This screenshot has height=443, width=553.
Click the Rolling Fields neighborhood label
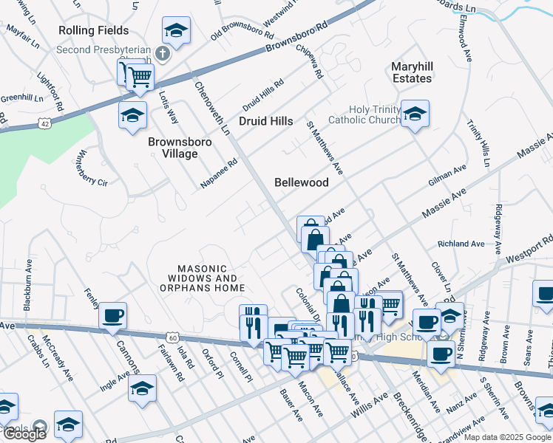(x=95, y=30)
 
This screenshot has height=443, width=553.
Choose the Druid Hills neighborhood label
(x=265, y=121)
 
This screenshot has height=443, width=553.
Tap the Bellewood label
(x=301, y=182)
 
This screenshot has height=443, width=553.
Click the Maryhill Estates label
(x=412, y=72)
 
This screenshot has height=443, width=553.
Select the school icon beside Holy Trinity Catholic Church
(x=415, y=114)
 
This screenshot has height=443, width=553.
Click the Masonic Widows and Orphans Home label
(x=211, y=278)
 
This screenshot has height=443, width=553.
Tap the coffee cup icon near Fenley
(x=112, y=315)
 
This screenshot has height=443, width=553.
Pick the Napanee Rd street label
(x=219, y=174)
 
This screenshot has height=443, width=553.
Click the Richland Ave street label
(x=461, y=244)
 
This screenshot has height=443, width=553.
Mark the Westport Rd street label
(x=529, y=248)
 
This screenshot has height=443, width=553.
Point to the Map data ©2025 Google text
(x=506, y=437)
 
